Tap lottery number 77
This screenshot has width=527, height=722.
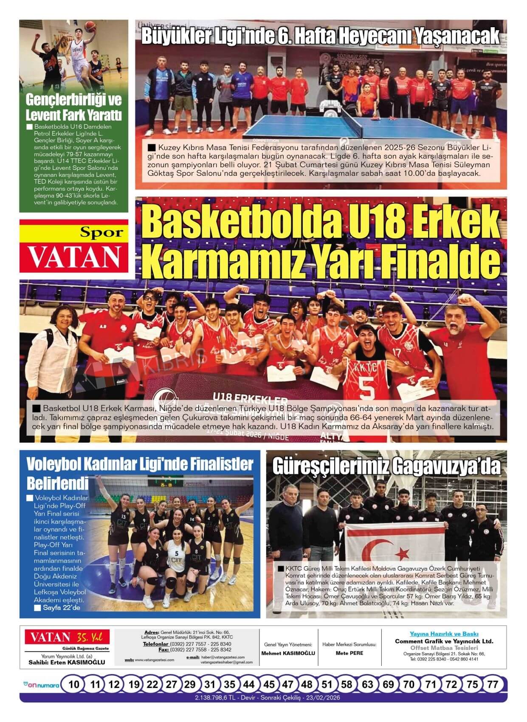493,684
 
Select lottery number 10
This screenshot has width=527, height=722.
73,684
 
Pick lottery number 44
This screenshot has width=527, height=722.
248,684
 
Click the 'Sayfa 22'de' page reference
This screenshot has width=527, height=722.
61,608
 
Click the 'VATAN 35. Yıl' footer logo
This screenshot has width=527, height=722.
67,637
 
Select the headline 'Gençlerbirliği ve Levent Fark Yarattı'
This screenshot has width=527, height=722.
73,107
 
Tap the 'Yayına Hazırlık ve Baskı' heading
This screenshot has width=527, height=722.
444,634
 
